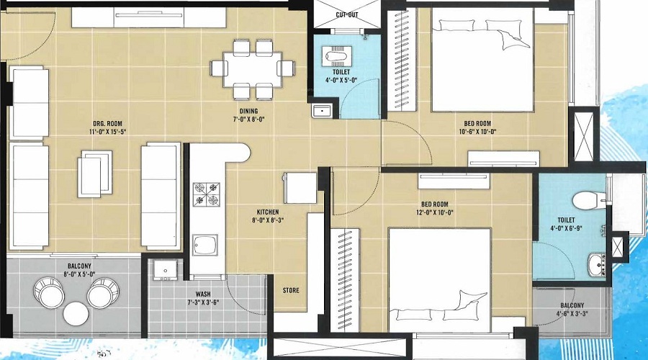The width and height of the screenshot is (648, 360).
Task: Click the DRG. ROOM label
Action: point(107,124)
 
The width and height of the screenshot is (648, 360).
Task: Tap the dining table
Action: point(253,69)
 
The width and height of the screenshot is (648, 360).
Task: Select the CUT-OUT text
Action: point(347,15)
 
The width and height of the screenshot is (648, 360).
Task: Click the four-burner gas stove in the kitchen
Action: point(207,194)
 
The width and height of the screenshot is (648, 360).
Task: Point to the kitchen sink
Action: point(205,246)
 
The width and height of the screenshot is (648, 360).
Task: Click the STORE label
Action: point(291,291)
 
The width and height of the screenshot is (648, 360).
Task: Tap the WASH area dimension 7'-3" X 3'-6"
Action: point(203,302)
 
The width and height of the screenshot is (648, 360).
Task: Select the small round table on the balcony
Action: point(76,313)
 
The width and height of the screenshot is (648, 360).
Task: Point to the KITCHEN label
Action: point(267,212)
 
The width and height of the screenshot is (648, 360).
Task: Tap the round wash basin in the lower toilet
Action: point(596,265)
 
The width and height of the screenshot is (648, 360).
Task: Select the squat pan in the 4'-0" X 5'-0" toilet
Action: point(337,55)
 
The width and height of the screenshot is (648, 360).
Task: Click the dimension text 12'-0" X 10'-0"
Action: point(435,213)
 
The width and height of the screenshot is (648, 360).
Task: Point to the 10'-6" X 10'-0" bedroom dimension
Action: point(477,132)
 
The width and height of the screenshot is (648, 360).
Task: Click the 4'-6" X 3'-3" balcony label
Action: point(572,314)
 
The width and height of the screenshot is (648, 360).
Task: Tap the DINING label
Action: point(249,111)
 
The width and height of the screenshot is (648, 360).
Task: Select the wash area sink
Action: point(166,271)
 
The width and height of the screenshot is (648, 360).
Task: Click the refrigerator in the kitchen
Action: point(300,188)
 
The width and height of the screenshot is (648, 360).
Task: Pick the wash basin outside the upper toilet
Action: point(322,111)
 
